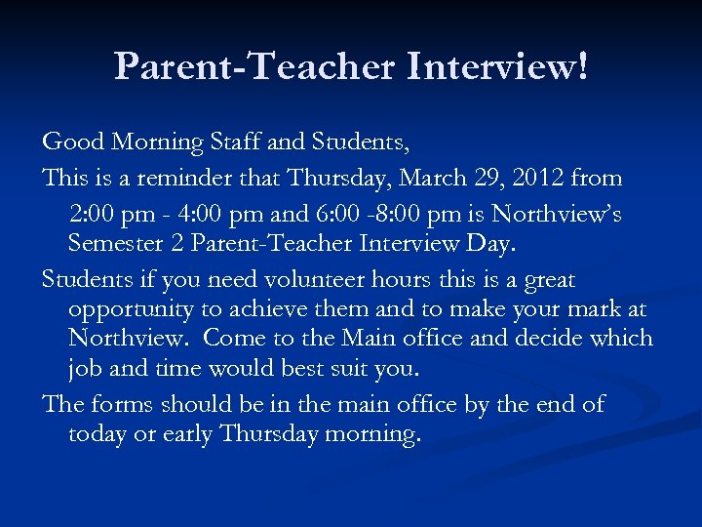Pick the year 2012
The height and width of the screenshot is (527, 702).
[533, 178]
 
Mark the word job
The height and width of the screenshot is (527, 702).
[84, 370]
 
